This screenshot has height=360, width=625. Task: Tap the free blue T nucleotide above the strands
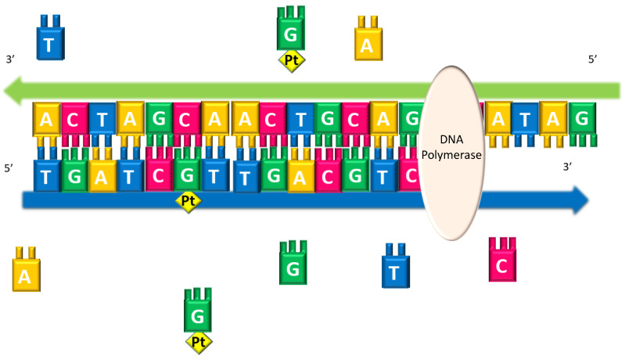click(x=48, y=38)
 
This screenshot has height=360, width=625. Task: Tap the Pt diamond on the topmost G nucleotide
click(x=291, y=59)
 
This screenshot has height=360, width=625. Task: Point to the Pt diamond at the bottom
click(x=199, y=342)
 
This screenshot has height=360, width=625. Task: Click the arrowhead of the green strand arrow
click(x=17, y=93)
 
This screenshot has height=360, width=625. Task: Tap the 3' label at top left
click(x=11, y=59)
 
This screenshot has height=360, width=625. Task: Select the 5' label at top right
click(x=594, y=59)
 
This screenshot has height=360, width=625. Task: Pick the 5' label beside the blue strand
click(x=9, y=167)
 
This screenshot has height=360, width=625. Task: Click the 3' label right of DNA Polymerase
click(x=569, y=167)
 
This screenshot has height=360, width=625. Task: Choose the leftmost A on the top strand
click(x=47, y=119)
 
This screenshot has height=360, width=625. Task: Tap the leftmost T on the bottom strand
click(x=47, y=176)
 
